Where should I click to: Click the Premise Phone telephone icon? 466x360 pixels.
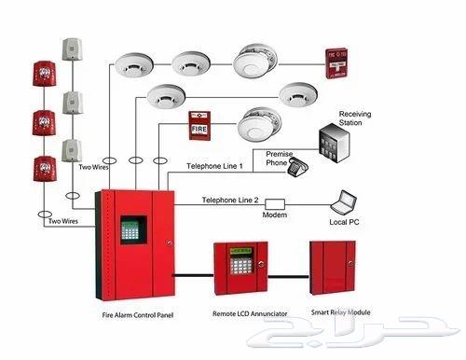click(298, 169)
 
